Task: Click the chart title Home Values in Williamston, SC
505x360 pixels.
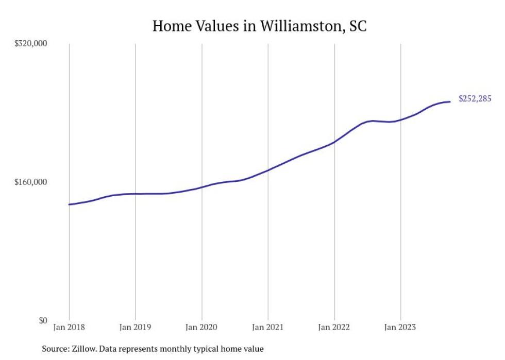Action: point(259,26)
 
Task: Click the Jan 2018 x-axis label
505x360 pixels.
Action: point(69,327)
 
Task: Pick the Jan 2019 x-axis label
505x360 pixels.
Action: point(135,327)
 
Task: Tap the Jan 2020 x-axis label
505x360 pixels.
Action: point(201,327)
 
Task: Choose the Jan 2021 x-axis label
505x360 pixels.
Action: point(268,327)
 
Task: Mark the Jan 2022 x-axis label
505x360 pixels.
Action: point(334,327)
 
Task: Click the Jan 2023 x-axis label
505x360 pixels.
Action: point(400,327)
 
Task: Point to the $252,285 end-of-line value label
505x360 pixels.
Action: point(475,99)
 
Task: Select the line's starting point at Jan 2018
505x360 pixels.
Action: point(69,204)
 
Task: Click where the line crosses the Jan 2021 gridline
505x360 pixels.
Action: point(268,170)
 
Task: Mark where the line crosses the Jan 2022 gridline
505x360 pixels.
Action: point(334,142)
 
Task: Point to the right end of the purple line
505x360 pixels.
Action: point(450,101)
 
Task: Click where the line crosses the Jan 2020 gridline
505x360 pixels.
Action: point(201,187)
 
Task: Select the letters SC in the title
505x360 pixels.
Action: point(358,26)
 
